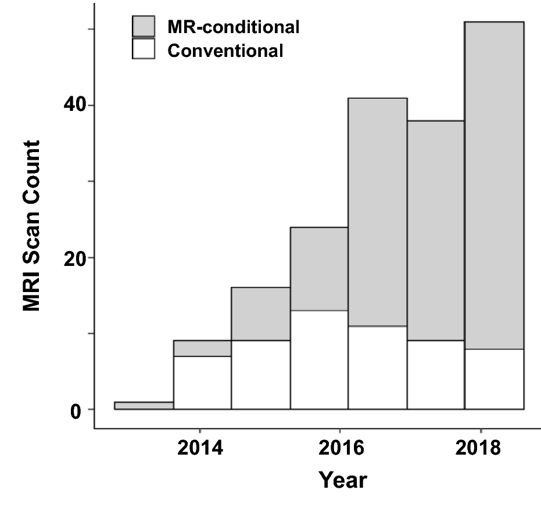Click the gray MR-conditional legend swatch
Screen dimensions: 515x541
pyautogui.click(x=144, y=27)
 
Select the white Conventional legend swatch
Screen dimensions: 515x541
pyautogui.click(x=144, y=49)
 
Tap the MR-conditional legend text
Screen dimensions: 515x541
pyautogui.click(x=233, y=27)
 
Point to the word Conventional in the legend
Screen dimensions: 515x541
pyautogui.click(x=225, y=51)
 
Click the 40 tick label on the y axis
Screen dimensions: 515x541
pyautogui.click(x=75, y=106)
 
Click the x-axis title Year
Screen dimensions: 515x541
pyautogui.click(x=343, y=480)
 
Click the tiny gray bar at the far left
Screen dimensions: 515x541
pyautogui.click(x=144, y=405)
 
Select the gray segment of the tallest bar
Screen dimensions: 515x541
pyautogui.click(x=495, y=185)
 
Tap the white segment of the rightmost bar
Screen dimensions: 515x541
pyautogui.click(x=495, y=379)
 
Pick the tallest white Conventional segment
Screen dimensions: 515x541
pyautogui.click(x=319, y=360)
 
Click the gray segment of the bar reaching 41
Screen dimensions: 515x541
pyautogui.click(x=378, y=212)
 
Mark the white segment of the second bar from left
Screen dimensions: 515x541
pyautogui.click(x=202, y=383)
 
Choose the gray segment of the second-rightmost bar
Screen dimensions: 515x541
pyautogui.click(x=436, y=231)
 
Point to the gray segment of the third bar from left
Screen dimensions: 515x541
pyautogui.click(x=260, y=314)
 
